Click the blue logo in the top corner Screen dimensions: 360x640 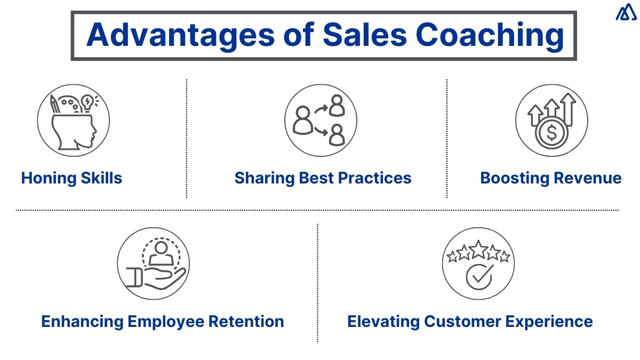pyautogui.click(x=626, y=12)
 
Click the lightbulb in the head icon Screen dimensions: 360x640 pyautogui.click(x=88, y=101)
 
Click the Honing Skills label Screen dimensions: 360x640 pyautogui.click(x=71, y=178)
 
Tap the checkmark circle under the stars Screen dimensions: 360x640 pyautogui.click(x=478, y=276)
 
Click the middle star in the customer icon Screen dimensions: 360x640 pyautogui.click(x=478, y=249)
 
